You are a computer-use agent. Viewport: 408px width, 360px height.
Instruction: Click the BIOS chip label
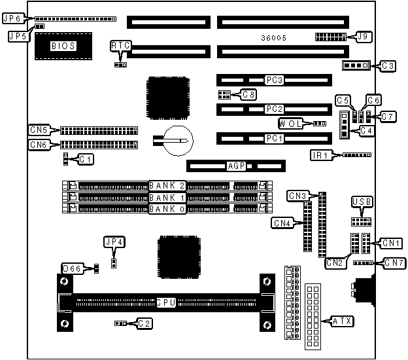[x=63, y=46]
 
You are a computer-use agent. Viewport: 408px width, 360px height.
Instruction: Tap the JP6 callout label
[x=14, y=19]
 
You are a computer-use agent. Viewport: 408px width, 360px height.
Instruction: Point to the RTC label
[x=120, y=45]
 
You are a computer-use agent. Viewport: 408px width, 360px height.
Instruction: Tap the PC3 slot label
[x=274, y=81]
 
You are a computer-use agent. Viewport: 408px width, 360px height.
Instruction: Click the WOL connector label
[x=290, y=123]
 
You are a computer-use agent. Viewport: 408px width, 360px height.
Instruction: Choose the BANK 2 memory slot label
[x=167, y=185]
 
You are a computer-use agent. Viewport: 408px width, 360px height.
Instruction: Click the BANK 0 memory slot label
[x=167, y=209]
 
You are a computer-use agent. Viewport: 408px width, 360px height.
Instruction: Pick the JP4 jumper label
[x=114, y=242]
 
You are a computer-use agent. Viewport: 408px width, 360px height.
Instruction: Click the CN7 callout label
[x=394, y=263]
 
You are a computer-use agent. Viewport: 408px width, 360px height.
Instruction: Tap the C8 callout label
[x=248, y=94]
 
